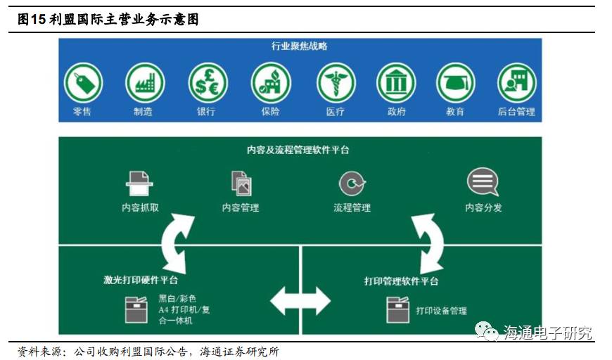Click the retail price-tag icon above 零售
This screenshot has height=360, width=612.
click(x=83, y=83)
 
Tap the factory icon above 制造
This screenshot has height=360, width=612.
click(x=145, y=83)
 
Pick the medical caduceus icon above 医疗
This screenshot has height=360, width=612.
click(x=336, y=83)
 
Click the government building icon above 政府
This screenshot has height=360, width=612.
click(x=396, y=83)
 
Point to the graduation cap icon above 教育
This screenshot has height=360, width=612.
click(x=456, y=83)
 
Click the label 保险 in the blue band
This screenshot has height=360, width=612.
click(x=270, y=111)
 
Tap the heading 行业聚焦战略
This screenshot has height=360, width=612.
click(x=300, y=46)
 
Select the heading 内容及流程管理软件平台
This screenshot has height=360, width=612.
click(x=298, y=150)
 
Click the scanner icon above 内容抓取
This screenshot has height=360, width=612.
click(x=139, y=183)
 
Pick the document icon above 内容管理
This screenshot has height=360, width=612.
click(x=241, y=183)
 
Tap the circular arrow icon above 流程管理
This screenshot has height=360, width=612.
click(x=352, y=184)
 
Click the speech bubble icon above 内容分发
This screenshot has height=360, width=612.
click(x=483, y=182)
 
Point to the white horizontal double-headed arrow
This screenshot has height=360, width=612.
click(x=300, y=300)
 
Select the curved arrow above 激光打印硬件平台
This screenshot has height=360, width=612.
click(x=177, y=243)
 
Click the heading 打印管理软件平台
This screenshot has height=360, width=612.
click(x=402, y=281)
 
